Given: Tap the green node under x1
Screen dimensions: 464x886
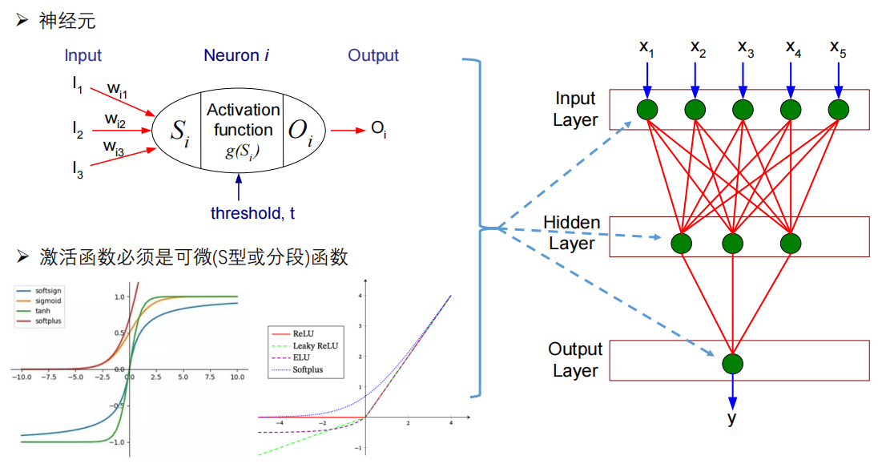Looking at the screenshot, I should [647, 109].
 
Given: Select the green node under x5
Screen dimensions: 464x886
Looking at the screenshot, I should [838, 109].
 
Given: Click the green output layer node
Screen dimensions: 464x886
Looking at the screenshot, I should [731, 364].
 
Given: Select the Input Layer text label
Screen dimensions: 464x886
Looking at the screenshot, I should [575, 109].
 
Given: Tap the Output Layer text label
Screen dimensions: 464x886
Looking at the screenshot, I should [575, 360].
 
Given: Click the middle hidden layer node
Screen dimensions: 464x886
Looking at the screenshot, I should [731, 242].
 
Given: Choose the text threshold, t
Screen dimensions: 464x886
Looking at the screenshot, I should [252, 213].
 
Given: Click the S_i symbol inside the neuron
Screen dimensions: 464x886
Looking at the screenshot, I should [180, 131].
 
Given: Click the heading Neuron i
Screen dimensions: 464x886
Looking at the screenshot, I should [236, 55].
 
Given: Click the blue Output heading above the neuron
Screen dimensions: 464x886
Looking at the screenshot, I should [373, 55].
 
